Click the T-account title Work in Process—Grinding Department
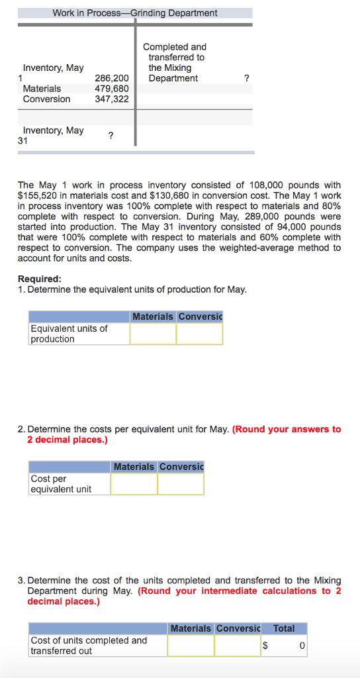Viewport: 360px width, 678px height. [135, 13]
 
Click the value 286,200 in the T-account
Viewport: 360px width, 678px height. [112, 78]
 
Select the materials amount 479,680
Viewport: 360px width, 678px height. [112, 89]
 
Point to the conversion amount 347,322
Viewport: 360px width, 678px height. [112, 99]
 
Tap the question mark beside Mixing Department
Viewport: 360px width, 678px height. [246, 78]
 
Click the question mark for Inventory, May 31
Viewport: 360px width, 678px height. [111, 136]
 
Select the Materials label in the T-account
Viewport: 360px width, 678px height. [42, 89]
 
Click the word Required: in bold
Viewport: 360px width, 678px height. [40, 279]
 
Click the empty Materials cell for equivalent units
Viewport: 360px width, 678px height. [153, 334]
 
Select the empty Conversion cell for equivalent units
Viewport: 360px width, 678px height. [199, 334]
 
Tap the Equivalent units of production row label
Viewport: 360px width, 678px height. [69, 334]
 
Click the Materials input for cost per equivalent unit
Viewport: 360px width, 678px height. [134, 484]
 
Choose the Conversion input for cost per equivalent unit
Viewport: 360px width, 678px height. [181, 484]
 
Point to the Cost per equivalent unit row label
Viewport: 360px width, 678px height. [61, 484]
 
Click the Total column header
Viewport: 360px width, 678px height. [284, 628]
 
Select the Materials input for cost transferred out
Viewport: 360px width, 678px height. [191, 646]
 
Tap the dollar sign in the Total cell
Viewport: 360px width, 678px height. [265, 645]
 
